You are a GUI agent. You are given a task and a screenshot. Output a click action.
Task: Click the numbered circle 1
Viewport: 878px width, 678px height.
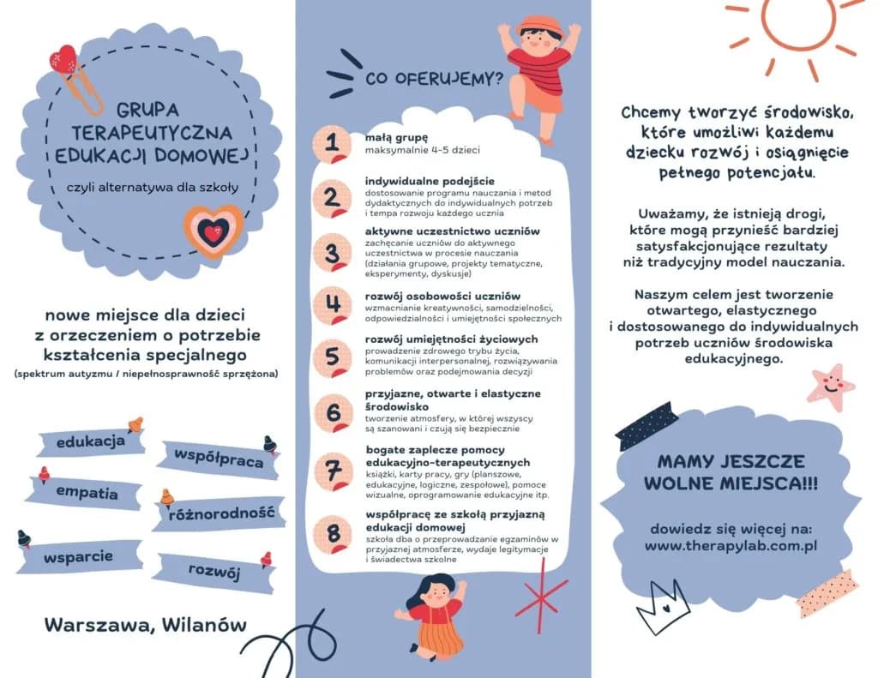332,145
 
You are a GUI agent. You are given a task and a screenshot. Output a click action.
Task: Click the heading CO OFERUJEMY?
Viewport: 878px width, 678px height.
434,80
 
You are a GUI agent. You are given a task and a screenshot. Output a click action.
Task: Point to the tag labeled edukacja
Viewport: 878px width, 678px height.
90,442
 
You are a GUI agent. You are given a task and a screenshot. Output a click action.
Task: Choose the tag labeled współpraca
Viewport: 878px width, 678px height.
219,459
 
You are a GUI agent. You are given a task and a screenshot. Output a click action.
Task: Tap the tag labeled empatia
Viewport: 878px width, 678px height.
87,493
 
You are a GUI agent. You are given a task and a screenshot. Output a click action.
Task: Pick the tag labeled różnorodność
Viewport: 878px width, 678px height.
220,513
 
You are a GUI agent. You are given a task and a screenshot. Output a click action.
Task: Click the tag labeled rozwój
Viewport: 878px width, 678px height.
214,572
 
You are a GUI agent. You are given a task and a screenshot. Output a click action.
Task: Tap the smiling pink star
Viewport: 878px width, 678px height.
830,387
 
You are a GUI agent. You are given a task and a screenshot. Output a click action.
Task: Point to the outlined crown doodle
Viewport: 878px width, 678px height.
663,614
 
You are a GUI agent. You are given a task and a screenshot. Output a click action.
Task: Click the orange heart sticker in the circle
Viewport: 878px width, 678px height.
213,231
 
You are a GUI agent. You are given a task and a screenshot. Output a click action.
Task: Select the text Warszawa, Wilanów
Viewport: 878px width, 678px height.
145,625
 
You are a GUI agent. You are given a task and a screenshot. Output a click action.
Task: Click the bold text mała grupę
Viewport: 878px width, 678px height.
395,137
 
